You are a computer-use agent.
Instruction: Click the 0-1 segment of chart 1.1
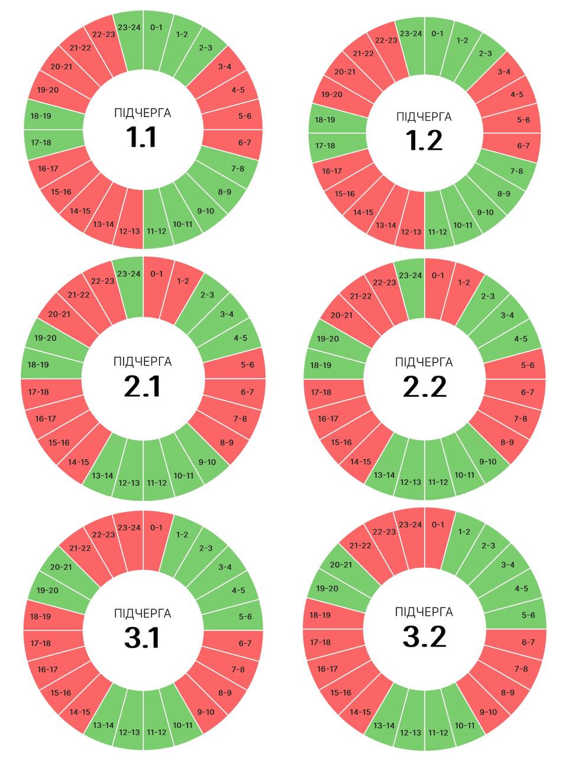click(x=157, y=28)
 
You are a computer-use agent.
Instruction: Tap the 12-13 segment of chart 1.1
click(x=129, y=231)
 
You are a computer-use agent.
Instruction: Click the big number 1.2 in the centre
click(x=424, y=141)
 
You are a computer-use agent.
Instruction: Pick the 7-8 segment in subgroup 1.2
click(x=517, y=171)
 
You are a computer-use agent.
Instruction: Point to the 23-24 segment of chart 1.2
click(x=411, y=34)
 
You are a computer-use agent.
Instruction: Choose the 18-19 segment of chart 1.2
click(x=325, y=120)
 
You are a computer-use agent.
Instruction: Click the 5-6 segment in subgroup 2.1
click(x=247, y=365)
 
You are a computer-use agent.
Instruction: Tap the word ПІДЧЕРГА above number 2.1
click(x=143, y=361)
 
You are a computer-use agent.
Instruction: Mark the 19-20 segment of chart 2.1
click(x=46, y=338)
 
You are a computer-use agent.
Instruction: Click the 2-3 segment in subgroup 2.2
click(x=488, y=296)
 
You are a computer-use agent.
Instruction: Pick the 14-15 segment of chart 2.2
click(x=360, y=462)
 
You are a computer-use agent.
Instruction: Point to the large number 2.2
click(x=424, y=387)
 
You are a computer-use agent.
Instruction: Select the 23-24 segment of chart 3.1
click(x=129, y=528)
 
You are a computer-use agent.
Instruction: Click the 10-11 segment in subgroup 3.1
click(x=183, y=725)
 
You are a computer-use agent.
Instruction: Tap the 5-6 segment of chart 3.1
click(x=246, y=617)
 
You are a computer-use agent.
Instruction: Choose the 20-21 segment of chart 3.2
click(x=341, y=565)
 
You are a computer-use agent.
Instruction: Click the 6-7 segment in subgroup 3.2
click(x=528, y=642)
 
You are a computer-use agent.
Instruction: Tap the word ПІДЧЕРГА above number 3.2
click(x=424, y=612)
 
